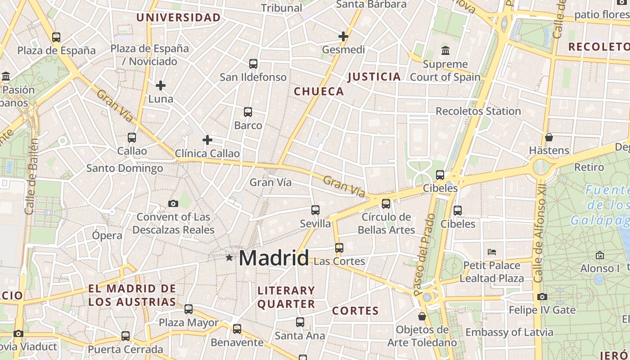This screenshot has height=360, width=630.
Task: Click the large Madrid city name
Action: click(x=274, y=258)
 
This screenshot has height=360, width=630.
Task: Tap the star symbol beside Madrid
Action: click(x=229, y=258)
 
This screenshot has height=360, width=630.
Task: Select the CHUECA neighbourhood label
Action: click(x=319, y=91)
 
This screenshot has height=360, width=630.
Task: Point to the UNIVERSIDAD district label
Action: click(x=178, y=18)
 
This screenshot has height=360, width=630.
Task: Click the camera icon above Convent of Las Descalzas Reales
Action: click(x=173, y=204)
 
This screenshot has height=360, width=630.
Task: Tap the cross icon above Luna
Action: click(x=161, y=85)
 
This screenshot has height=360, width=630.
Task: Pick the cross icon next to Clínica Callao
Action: click(x=207, y=140)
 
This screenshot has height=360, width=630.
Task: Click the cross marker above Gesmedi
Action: click(x=343, y=36)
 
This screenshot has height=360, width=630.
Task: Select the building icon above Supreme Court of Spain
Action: click(x=445, y=50)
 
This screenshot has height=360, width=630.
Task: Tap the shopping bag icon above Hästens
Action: click(x=549, y=137)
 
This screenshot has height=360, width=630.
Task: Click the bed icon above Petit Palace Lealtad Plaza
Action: click(x=492, y=252)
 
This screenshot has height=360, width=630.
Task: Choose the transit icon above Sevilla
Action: click(x=315, y=210)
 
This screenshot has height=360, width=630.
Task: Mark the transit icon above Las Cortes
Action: click(x=339, y=248)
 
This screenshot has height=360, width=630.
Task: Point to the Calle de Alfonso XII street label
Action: click(x=540, y=232)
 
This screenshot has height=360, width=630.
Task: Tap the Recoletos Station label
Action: click(x=478, y=111)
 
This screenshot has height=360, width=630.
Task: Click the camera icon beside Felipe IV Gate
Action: click(x=542, y=297)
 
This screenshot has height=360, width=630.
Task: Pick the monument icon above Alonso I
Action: click(x=599, y=256)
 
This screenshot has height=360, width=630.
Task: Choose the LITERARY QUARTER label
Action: click(x=286, y=297)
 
